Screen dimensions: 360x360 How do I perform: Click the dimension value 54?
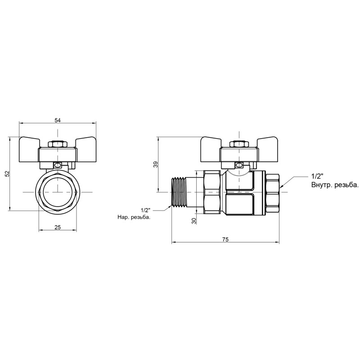58,120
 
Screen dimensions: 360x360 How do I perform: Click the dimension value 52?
7,174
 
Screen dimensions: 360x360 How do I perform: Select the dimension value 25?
58,227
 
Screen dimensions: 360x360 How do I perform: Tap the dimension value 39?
156,164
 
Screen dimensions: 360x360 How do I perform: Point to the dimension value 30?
194,221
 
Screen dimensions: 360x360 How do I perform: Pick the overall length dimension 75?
225,239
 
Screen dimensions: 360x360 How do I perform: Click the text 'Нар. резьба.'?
134,217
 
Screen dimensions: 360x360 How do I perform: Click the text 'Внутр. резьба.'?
335,185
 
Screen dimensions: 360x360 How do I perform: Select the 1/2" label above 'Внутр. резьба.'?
317,176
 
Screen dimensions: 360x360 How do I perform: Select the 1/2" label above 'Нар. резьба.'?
145,210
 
